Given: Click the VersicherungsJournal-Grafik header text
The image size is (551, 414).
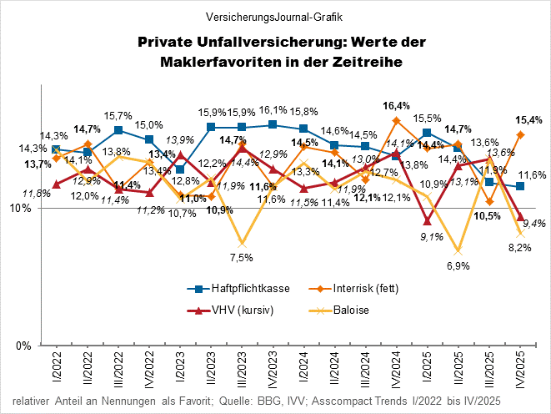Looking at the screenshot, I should (274, 16).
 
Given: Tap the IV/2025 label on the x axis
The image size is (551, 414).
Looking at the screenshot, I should (521, 367).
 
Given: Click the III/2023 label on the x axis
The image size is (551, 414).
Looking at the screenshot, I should (242, 366).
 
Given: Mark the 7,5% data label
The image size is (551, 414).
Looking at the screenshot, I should (241, 258).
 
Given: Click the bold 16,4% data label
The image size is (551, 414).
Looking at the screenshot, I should (396, 106).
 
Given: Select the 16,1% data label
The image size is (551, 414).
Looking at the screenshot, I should (273, 110).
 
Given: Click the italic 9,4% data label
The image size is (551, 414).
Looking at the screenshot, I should (533, 223).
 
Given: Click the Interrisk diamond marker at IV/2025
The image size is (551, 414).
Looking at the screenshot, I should (520, 134).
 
